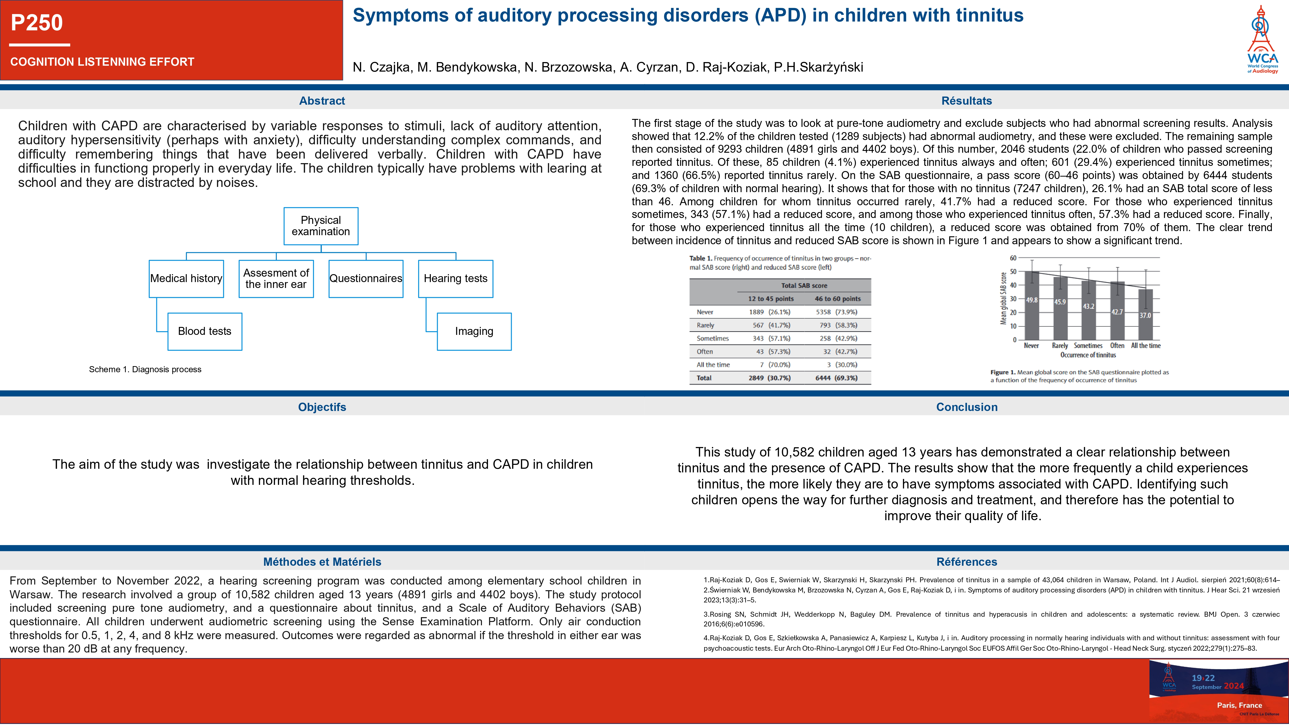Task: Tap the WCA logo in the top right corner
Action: [1262, 40]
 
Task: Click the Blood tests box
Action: [205, 331]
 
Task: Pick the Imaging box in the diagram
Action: [474, 331]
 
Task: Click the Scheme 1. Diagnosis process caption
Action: [145, 369]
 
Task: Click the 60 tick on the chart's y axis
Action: [1013, 258]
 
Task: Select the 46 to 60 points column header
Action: [838, 299]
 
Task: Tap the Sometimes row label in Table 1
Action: [712, 338]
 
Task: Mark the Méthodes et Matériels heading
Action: [322, 562]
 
